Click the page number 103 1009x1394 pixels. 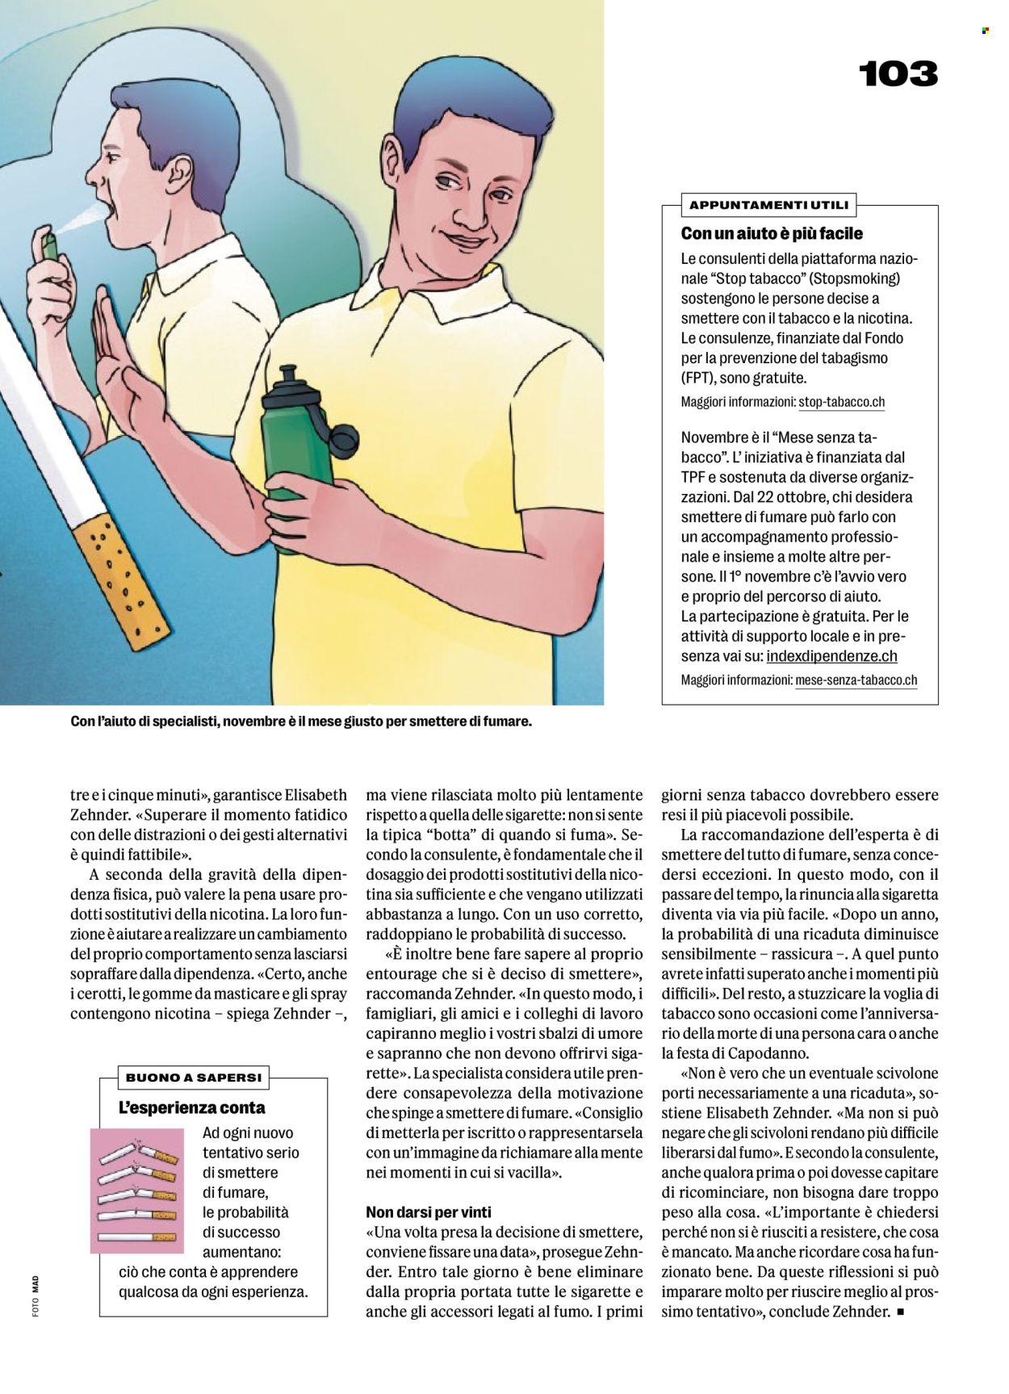coord(898,74)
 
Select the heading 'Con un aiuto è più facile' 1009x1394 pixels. coord(772,234)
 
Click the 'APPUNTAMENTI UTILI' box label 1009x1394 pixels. coord(768,205)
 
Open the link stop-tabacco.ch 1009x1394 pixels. coord(841,402)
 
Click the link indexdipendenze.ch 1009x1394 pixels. coord(831,656)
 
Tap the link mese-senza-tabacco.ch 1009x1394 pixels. coord(856,680)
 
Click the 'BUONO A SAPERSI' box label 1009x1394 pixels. coord(194,1077)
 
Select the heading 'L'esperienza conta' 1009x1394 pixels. coord(192,1108)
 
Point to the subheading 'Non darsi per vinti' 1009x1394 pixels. coord(429,1212)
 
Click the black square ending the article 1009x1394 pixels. coord(901,1312)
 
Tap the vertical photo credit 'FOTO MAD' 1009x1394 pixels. coord(36,1296)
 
